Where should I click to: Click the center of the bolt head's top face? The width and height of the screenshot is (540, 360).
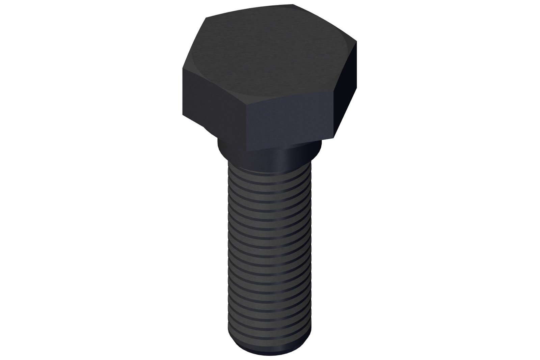270,54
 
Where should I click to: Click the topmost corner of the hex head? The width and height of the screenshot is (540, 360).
293,4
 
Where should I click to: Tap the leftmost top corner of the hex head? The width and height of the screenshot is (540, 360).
183,68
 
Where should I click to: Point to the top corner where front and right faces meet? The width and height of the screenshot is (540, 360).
334,90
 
